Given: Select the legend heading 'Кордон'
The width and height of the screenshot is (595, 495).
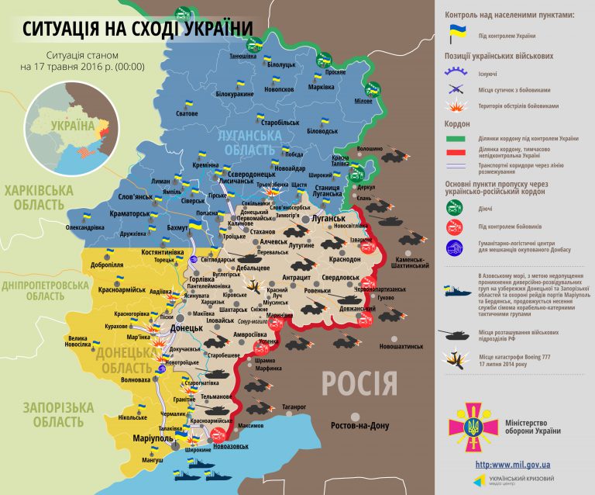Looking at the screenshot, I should [x=457, y=124].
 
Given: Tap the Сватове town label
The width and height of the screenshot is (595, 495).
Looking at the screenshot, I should [x=187, y=114].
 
